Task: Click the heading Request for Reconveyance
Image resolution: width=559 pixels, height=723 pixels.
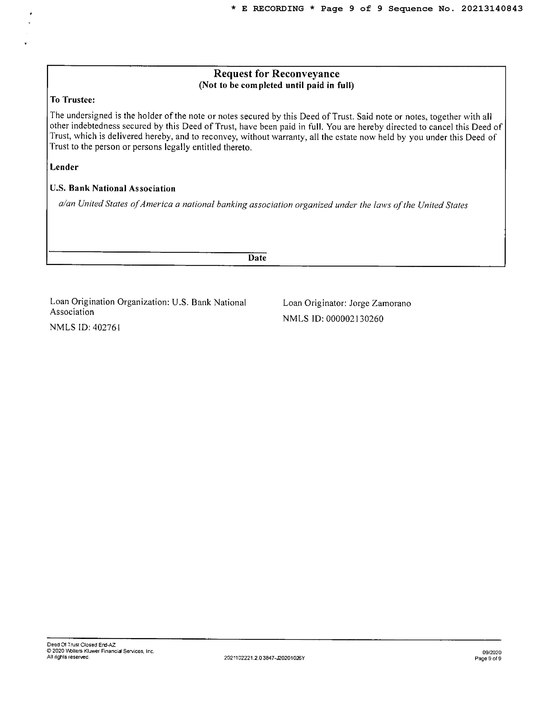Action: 276,74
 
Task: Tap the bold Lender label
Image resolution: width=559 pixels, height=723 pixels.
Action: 64,167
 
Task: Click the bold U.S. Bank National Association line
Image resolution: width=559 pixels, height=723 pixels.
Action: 113,188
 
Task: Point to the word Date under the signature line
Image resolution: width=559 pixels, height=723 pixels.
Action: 257,258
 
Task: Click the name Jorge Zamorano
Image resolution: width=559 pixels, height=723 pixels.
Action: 380,303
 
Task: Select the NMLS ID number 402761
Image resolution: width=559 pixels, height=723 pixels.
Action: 106,327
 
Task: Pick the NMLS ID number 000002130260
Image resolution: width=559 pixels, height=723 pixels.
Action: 355,319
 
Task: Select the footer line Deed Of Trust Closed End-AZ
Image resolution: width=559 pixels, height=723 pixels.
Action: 81,645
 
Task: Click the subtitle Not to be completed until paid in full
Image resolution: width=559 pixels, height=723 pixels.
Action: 276,85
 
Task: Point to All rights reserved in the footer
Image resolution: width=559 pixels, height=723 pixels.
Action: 68,657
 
